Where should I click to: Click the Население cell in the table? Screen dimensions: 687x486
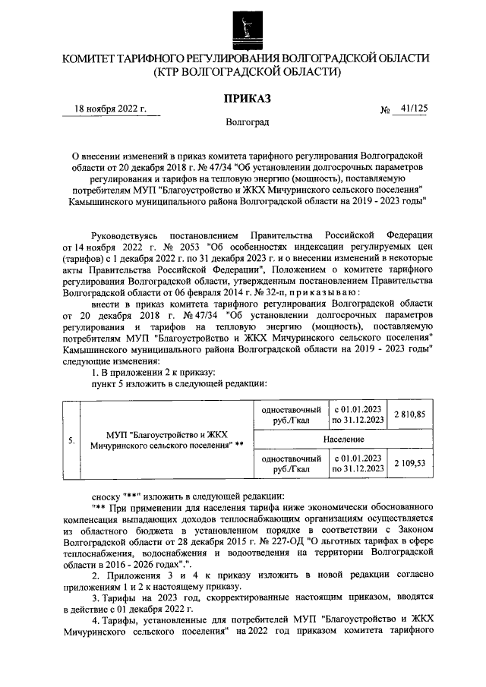point(342,439)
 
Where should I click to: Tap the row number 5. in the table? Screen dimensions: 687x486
point(71,440)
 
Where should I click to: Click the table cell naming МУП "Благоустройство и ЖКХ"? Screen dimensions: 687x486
point(165,440)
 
